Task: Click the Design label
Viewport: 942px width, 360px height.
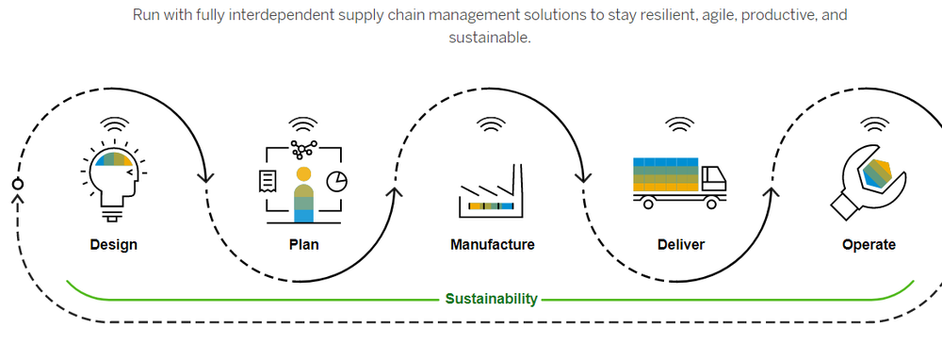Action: tap(113, 245)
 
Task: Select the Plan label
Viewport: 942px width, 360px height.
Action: tap(303, 245)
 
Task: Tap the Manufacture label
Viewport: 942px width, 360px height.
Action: tap(492, 245)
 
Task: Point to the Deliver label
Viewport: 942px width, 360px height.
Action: tap(680, 245)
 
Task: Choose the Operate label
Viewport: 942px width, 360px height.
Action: tap(869, 245)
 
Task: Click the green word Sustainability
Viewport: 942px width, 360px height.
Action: tap(492, 300)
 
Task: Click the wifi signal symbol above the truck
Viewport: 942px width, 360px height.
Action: tap(679, 123)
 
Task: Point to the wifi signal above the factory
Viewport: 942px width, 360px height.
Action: tap(491, 123)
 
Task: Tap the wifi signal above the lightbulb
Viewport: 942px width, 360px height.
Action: tap(114, 123)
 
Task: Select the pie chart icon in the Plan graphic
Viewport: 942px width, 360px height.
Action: tap(336, 179)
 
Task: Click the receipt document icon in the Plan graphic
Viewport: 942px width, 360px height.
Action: tap(268, 180)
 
